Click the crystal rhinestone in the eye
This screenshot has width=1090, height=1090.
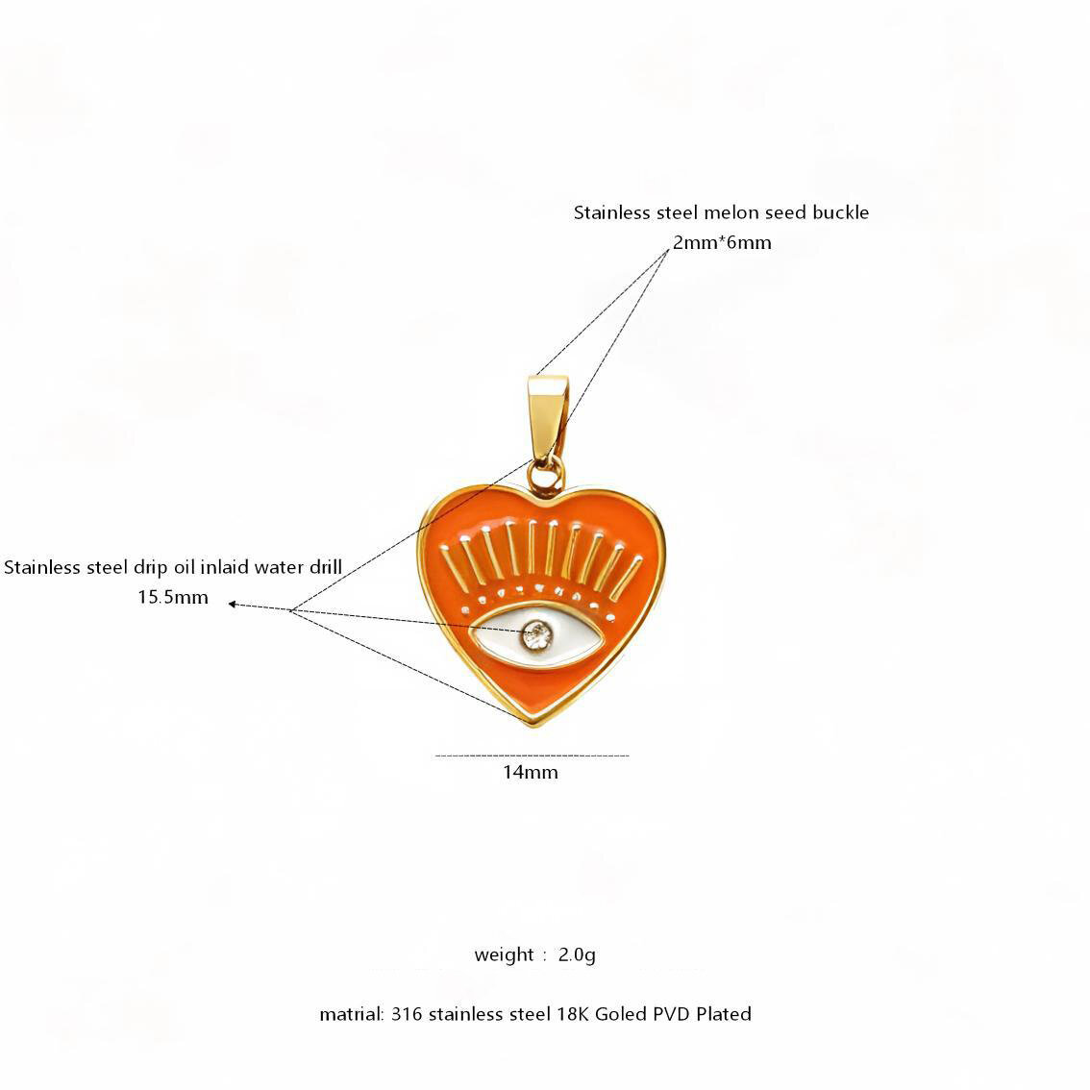coord(536,635)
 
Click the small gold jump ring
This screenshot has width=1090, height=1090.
coord(546,476)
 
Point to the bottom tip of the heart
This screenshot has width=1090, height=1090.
coord(533,726)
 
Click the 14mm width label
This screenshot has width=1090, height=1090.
coord(531,772)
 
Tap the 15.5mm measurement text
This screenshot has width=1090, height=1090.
coord(173,597)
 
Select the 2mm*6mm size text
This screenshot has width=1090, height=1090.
coord(722,242)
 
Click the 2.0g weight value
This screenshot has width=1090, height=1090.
coord(577,955)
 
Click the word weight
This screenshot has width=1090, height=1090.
coord(504,954)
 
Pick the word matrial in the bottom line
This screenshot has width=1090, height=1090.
coord(351,1014)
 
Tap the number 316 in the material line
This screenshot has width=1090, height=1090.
coord(407,1014)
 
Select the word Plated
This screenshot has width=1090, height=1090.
coord(724,1014)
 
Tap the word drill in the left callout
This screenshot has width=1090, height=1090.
coord(326,566)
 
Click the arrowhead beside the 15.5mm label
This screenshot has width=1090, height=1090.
coord(233,604)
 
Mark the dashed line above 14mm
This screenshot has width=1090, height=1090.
coord(532,755)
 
